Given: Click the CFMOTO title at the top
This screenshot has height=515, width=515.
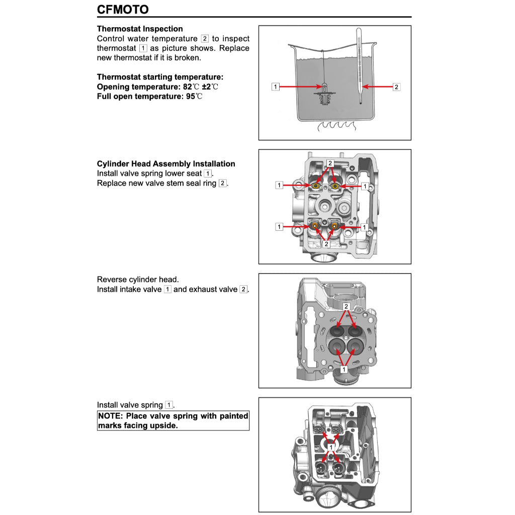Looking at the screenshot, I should [123, 9].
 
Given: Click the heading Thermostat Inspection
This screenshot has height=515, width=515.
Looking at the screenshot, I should [140, 29].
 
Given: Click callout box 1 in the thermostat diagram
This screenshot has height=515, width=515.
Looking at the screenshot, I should [275, 87].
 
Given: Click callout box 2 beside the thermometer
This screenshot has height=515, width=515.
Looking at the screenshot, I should [396, 87].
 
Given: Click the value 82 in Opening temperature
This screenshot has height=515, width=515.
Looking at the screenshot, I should [188, 87].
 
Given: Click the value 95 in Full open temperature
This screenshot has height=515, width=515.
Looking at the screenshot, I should [190, 96].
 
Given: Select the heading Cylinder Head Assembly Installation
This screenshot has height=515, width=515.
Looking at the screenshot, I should [166, 163].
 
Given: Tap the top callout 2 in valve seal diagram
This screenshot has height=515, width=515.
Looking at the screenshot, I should [330, 163].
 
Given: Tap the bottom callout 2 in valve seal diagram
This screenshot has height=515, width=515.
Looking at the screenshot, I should [326, 244].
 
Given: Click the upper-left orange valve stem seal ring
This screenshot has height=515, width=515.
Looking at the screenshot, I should [316, 187].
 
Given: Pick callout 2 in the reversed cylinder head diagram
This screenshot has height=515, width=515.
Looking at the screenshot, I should [346, 306].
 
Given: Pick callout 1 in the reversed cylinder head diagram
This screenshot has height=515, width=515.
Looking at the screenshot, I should [344, 369].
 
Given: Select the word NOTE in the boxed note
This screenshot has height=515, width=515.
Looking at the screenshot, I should [110, 416].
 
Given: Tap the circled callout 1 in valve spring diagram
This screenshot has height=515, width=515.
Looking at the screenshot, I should [331, 446].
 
